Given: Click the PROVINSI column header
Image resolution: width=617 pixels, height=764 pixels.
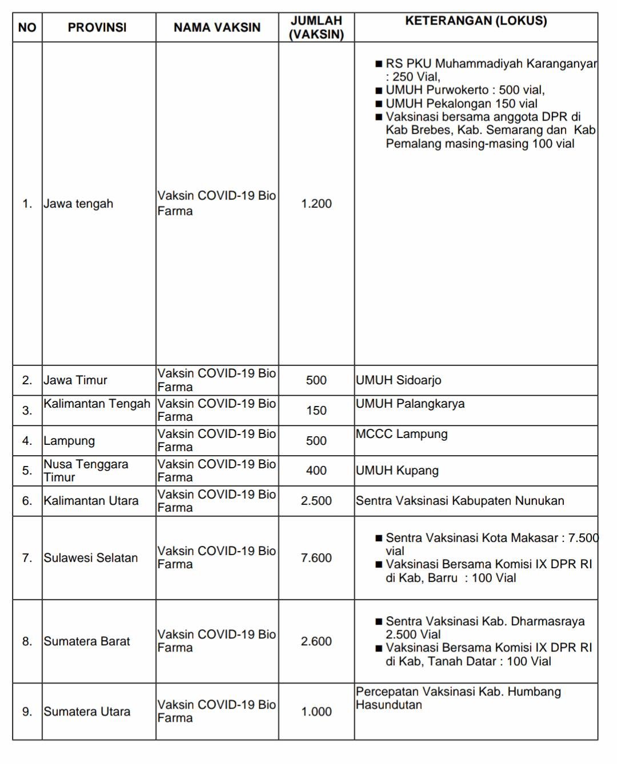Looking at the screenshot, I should coord(97,27).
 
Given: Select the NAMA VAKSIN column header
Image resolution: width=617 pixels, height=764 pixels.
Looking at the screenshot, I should coord(217,27).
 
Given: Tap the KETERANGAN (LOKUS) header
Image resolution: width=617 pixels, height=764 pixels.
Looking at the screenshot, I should coord(476,21).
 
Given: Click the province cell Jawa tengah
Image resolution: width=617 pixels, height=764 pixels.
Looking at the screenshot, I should coord(78,204).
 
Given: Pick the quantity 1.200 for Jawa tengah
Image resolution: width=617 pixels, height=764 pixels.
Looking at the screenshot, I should coord(316,204).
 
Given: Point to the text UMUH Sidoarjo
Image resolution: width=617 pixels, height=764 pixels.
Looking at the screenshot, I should coord(398,380).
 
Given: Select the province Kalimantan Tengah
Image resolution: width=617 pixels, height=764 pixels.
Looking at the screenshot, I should coord(97,404).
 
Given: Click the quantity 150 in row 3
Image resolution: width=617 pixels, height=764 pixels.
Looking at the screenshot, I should coord(316,411).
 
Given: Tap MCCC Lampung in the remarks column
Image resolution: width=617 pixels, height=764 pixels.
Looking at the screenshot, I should coord(402,434).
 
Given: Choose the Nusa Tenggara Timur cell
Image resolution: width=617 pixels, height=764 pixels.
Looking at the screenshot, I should coord(86,471).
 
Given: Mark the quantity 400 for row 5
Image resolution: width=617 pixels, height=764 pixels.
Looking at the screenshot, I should coord(316,471).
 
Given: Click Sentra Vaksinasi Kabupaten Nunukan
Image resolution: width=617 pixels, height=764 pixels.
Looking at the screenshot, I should coord(460,501).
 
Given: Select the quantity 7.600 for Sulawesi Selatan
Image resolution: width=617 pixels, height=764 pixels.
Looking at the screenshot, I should coord(316,558).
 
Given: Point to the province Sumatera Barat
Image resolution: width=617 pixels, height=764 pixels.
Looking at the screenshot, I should coord(87,641).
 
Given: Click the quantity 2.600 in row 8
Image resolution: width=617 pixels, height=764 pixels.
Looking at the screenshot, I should coord(316,641).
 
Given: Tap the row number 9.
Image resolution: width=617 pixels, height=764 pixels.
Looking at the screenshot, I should coord(27,711).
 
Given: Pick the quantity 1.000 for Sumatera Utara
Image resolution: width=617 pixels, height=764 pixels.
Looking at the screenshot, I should coord(316,711).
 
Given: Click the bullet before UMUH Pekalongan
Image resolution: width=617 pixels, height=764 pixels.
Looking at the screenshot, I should coord(378,104).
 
